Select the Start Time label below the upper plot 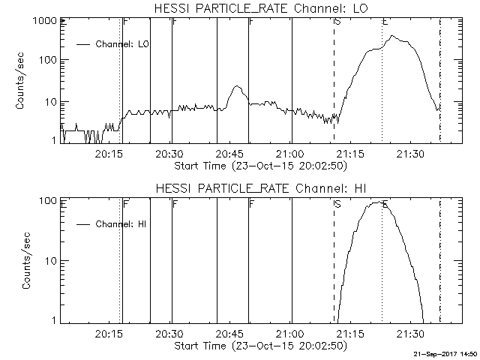[259, 165]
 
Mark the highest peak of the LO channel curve [392, 36]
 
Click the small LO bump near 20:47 [236, 86]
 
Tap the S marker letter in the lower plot [337, 203]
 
